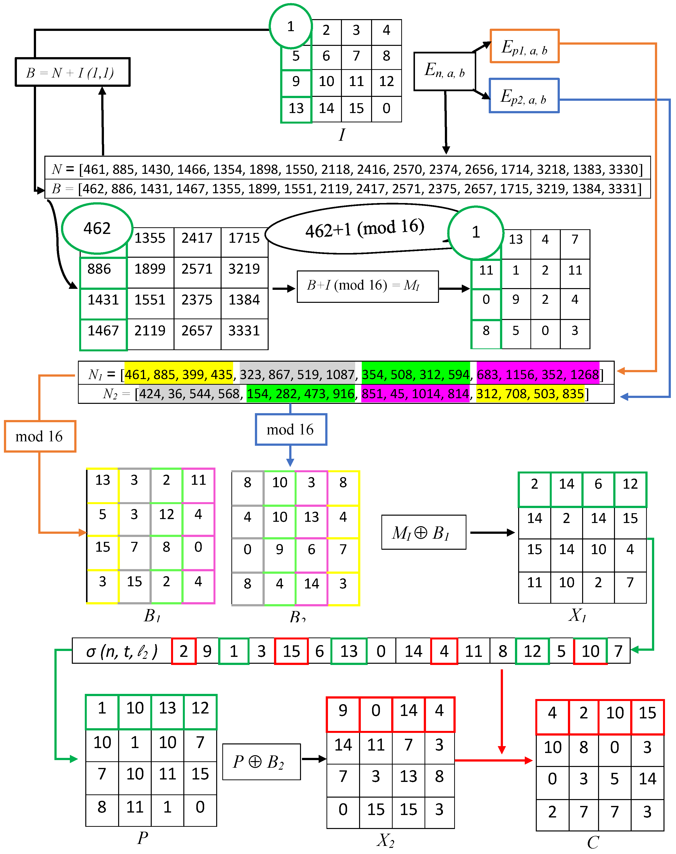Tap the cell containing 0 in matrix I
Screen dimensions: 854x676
(386, 108)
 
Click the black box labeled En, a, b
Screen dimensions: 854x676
(444, 71)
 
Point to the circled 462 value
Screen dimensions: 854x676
(97, 229)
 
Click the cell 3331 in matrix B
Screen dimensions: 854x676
(244, 331)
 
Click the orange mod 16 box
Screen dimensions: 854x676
(39, 436)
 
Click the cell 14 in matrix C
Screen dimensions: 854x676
(647, 779)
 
